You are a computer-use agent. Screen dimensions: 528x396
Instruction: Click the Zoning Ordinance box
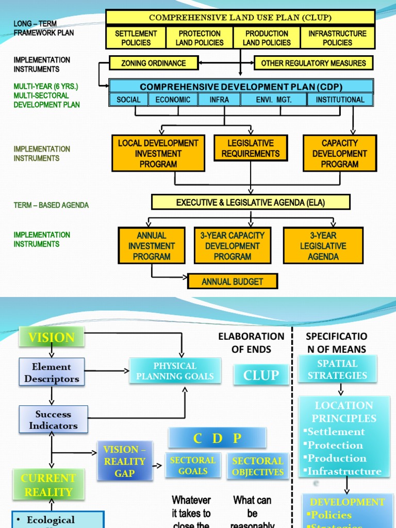pyautogui.click(x=154, y=63)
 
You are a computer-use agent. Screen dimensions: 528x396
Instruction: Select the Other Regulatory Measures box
pyautogui.click(x=313, y=63)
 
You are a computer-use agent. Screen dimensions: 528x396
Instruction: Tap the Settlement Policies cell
pyautogui.click(x=136, y=38)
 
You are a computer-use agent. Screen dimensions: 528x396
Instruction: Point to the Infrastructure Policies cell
pyautogui.click(x=337, y=38)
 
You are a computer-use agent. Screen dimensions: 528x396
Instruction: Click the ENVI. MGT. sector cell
pyautogui.click(x=274, y=100)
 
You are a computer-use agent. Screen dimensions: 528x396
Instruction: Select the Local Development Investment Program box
pyautogui.click(x=158, y=153)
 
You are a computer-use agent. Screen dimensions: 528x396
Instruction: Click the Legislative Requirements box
pyautogui.click(x=250, y=148)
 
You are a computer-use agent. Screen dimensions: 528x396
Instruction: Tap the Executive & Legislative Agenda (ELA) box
pyautogui.click(x=251, y=202)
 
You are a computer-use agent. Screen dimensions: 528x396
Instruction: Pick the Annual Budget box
pyautogui.click(x=232, y=282)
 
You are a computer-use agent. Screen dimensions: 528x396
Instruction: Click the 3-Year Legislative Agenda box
pyautogui.click(x=323, y=246)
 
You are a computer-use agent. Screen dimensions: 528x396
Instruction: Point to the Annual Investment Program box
pyautogui.click(x=152, y=246)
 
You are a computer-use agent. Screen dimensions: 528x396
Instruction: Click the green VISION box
pyautogui.click(x=51, y=338)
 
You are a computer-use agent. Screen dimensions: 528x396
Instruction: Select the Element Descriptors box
pyautogui.click(x=52, y=372)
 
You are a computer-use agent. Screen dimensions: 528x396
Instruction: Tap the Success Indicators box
pyautogui.click(x=53, y=420)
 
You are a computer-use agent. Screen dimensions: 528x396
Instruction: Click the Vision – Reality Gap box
pyautogui.click(x=124, y=460)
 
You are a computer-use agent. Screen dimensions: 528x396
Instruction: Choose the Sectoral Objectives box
pyautogui.click(x=257, y=466)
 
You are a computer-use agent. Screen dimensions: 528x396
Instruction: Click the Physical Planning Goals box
pyautogui.click(x=175, y=371)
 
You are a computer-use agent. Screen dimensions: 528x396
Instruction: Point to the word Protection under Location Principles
pyautogui.click(x=335, y=445)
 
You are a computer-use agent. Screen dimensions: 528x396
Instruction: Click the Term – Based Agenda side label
pyautogui.click(x=51, y=205)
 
